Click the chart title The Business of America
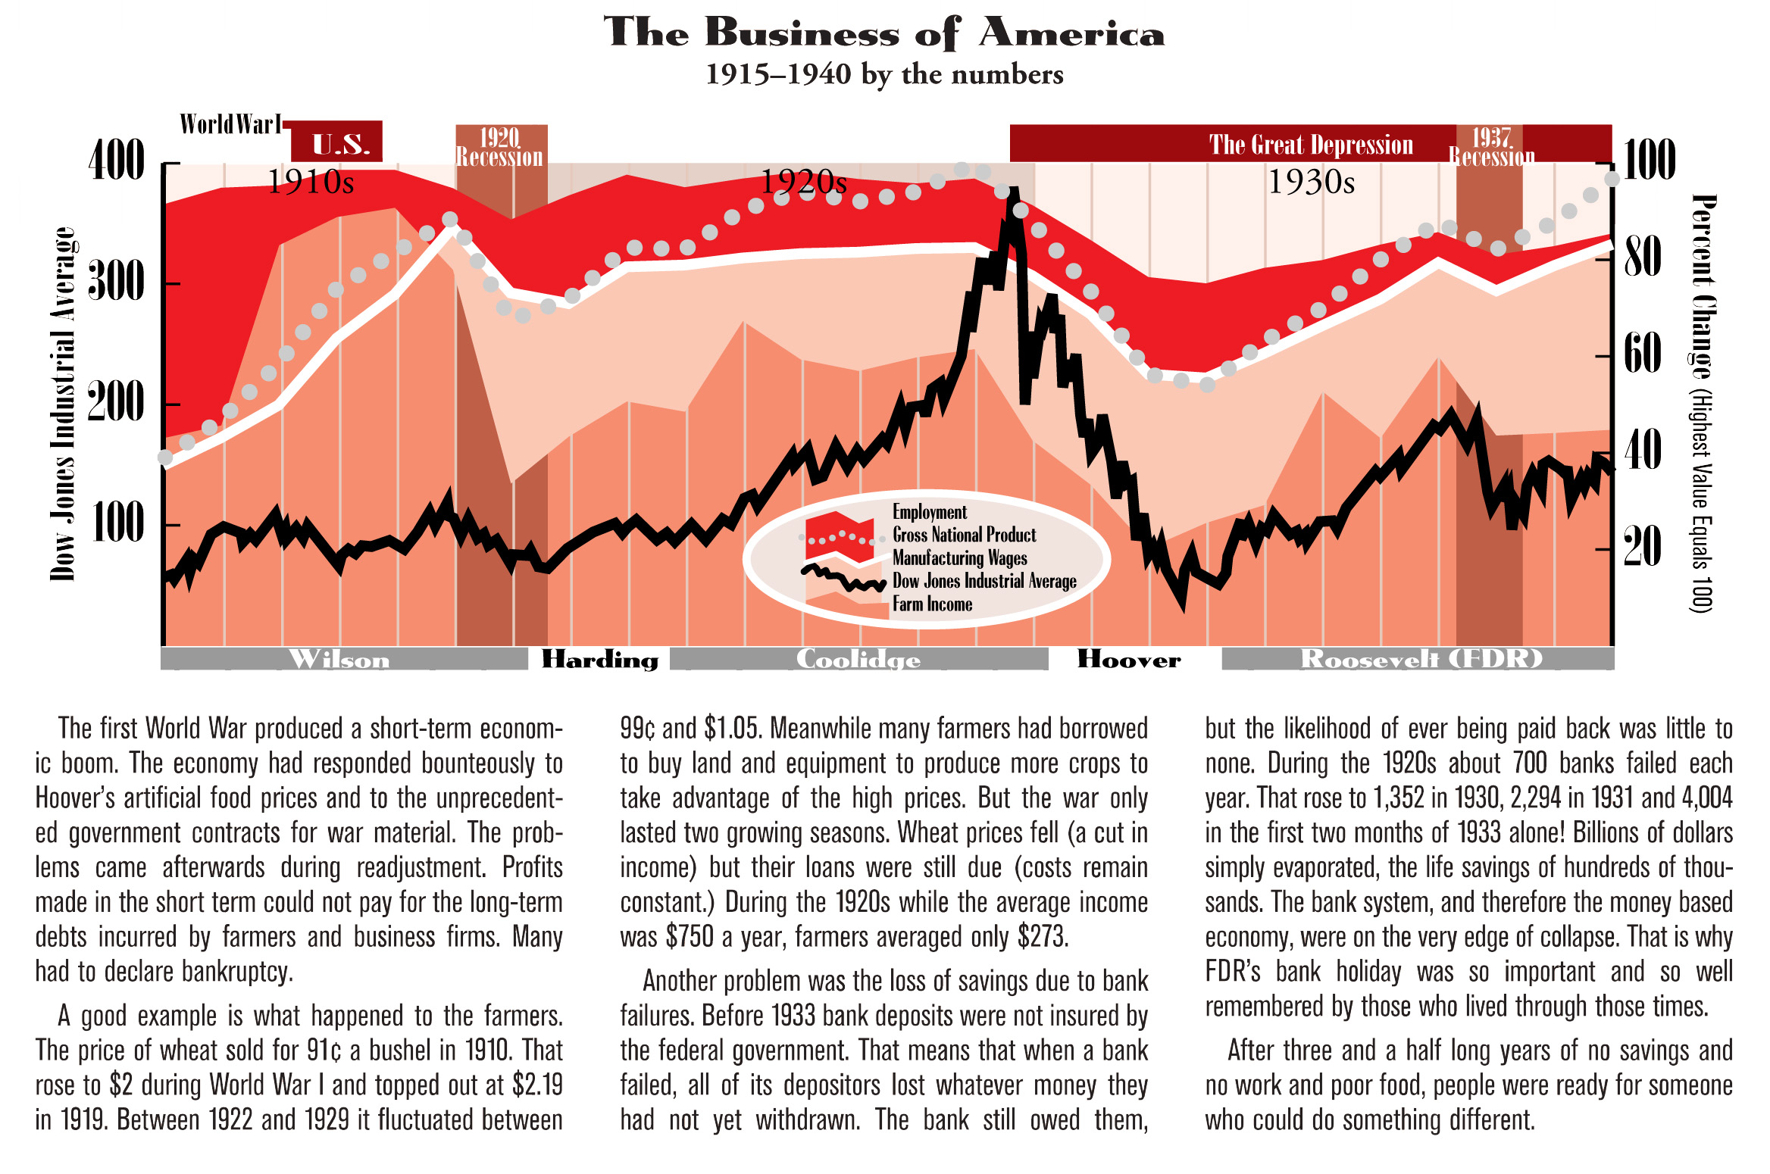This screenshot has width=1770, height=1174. click(x=883, y=33)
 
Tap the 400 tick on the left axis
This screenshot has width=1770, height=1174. click(x=117, y=161)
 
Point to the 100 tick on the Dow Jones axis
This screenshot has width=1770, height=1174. click(x=117, y=523)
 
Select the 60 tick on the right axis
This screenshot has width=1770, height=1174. click(x=1642, y=353)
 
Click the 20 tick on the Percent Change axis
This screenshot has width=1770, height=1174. click(x=1642, y=547)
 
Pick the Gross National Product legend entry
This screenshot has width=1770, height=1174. click(x=964, y=535)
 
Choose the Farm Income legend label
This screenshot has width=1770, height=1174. click(x=932, y=604)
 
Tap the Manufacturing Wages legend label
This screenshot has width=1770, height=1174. click(x=959, y=558)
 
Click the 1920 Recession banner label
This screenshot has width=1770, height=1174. click(x=500, y=147)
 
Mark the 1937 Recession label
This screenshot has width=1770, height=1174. click(x=1491, y=147)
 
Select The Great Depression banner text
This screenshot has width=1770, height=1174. click(x=1311, y=145)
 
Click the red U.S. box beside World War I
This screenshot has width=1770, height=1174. click(x=339, y=143)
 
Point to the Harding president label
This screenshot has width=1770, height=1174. click(x=599, y=659)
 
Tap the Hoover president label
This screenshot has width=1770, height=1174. click(x=1129, y=659)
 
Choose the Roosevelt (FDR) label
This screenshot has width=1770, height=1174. click(x=1421, y=659)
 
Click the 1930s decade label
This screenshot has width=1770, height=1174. click(x=1311, y=183)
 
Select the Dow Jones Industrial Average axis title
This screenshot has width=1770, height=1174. click(x=64, y=404)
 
